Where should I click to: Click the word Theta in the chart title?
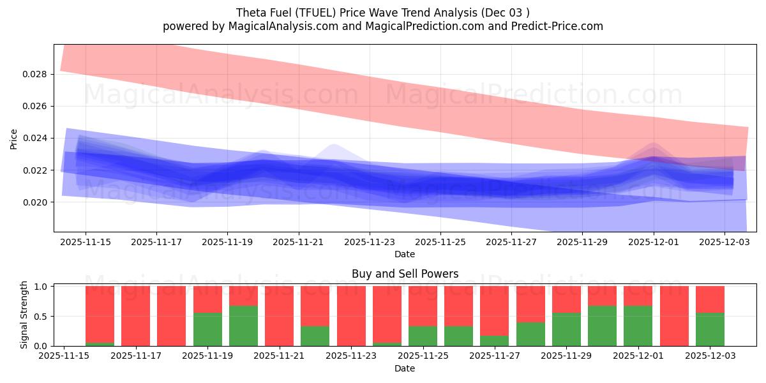[x=250, y=12]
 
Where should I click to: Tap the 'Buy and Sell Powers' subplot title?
[x=405, y=274]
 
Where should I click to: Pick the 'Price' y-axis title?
[x=14, y=139]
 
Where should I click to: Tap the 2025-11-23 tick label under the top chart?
[x=369, y=243]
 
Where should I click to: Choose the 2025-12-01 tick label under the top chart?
[x=653, y=243]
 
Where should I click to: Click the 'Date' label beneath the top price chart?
[x=405, y=254]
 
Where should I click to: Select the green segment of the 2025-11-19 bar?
[x=207, y=329]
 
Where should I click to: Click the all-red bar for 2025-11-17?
[x=135, y=316]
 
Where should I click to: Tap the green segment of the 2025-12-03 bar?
[x=710, y=329]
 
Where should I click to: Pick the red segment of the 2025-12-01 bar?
[x=674, y=316]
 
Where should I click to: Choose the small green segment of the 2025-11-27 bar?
[x=494, y=341]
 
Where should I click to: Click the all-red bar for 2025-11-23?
[x=351, y=316]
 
